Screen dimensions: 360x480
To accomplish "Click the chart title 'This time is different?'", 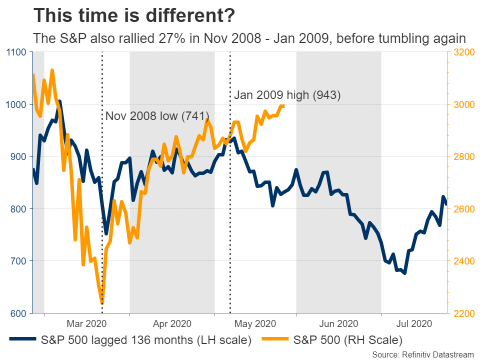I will click(x=134, y=16).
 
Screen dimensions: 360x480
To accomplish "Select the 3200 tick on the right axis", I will click(x=463, y=52).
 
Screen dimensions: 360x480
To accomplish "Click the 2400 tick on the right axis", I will click(x=463, y=261).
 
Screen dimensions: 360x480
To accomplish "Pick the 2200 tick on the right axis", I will click(x=463, y=313).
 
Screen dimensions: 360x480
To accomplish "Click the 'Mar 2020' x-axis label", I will click(x=87, y=324).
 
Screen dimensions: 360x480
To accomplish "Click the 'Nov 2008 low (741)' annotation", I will click(x=157, y=116).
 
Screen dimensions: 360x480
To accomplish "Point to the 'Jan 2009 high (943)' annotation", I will click(x=287, y=95).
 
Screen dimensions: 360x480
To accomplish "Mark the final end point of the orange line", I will click(x=283, y=106).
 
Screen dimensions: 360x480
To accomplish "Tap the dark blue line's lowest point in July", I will click(x=404, y=273).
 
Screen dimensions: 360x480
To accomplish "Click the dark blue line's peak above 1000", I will click(x=59, y=101).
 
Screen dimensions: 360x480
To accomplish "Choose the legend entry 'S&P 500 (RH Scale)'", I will click(x=347, y=340).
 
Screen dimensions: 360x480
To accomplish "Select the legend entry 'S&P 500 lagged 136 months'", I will click(x=145, y=340).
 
